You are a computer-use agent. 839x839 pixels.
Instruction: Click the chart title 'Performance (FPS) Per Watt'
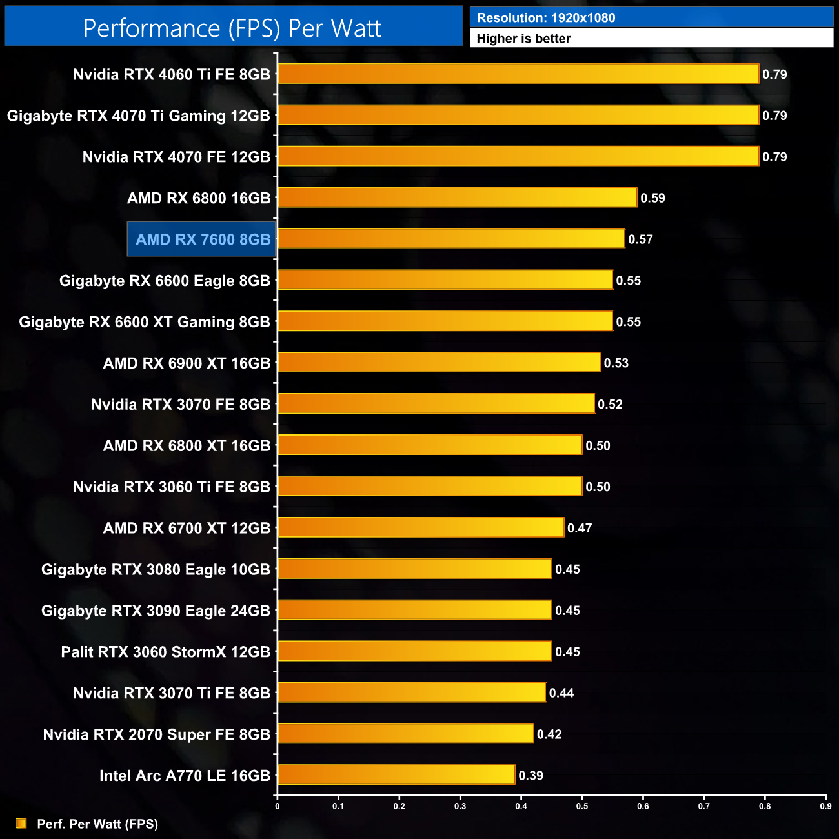pos(232,28)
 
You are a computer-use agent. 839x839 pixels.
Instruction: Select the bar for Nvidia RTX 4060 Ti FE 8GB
pos(518,74)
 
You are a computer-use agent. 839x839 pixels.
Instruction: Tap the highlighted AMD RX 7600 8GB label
pos(203,239)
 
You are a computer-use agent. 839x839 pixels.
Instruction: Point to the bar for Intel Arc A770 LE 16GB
pos(396,775)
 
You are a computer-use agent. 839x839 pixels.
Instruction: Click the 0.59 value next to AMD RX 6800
pos(652,198)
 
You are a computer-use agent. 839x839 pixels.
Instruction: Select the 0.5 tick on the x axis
pos(582,806)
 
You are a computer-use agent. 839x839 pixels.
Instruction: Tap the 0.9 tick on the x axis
pos(825,806)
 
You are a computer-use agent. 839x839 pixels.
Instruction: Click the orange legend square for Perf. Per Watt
pos(21,824)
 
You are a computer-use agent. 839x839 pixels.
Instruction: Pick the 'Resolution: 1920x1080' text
pos(546,18)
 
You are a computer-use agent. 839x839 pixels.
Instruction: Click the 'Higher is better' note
pos(523,39)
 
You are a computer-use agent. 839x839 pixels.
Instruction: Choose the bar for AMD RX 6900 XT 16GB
pos(439,363)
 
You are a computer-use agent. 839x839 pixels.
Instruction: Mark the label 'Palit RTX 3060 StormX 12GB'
pos(165,652)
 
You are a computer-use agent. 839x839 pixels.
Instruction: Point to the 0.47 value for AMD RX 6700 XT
pos(580,528)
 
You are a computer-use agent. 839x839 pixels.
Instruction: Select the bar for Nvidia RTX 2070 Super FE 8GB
pos(405,734)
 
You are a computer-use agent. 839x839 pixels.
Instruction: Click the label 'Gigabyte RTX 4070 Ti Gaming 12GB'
pos(138,116)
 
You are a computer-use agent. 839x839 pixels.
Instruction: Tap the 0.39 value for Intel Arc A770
pos(531,776)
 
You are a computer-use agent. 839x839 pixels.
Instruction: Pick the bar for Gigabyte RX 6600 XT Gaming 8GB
pos(445,321)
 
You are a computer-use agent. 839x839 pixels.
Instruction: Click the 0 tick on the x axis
pos(278,806)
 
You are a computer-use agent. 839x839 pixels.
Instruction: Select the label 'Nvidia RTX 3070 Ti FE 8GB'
pos(171,693)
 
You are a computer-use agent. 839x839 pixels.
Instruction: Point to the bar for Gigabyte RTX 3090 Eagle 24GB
pos(414,610)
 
